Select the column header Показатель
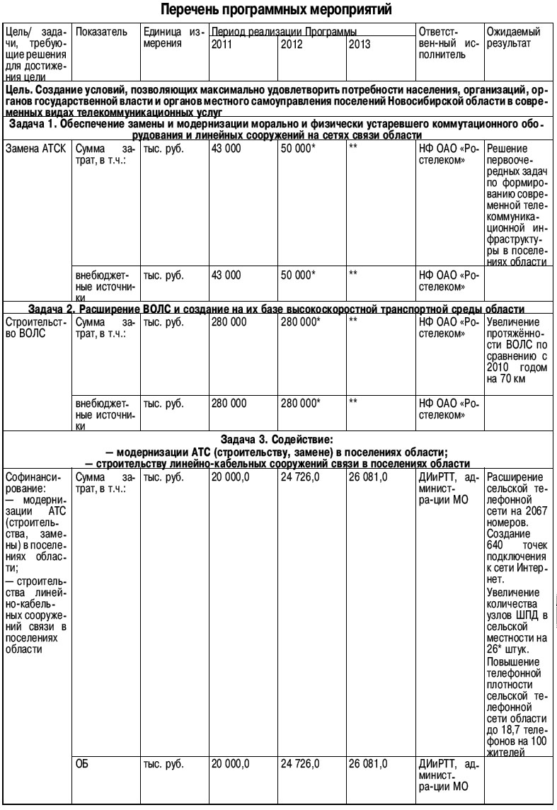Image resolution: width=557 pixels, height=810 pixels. [101, 32]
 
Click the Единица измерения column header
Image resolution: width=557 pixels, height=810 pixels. [172, 38]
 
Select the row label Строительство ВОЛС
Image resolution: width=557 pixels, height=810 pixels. [35, 327]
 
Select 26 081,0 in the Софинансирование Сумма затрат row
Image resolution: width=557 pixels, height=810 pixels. [368, 477]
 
